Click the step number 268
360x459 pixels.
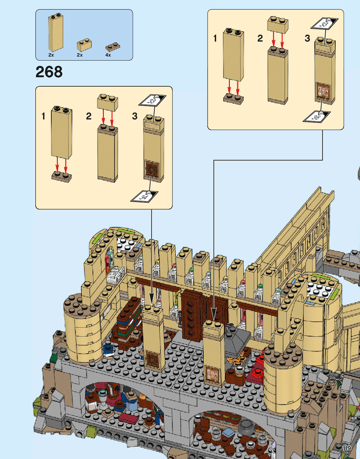tap(49, 72)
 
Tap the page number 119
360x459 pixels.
tap(347, 448)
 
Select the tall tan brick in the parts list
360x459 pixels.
tap(56, 33)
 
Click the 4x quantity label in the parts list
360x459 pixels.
tap(108, 55)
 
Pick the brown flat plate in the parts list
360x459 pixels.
tap(113, 47)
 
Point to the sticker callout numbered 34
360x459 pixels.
tap(144, 197)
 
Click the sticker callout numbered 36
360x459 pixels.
tap(316, 117)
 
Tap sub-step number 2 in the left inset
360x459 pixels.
tap(89, 116)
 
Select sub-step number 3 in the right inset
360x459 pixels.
tap(307, 38)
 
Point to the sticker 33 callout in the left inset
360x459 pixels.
tap(152, 101)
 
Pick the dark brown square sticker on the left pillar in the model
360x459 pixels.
tap(153, 359)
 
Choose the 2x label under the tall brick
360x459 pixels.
tap(51, 55)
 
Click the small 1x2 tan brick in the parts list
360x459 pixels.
tap(84, 45)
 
